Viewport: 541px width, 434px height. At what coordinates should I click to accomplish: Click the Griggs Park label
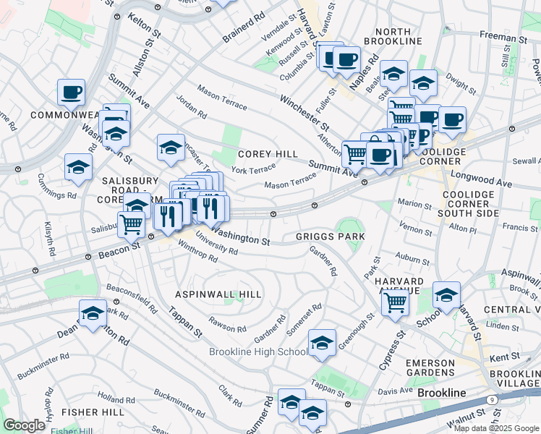pos(330,237)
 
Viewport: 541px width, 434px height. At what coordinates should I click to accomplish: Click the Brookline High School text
pos(257,352)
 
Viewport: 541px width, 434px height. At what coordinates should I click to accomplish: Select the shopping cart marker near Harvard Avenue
pos(396,300)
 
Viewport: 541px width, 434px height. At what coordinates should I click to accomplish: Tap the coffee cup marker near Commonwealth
pos(72,92)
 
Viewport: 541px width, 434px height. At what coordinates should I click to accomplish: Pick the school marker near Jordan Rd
pos(171,147)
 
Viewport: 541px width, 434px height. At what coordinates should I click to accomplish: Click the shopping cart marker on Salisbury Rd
pos(131,224)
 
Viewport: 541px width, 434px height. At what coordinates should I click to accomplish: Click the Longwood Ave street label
pos(480,180)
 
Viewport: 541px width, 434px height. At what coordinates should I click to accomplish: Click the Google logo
pos(24,425)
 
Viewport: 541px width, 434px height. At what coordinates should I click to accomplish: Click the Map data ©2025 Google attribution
pos(496,428)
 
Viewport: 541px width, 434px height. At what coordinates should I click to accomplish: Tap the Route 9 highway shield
pos(493,399)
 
